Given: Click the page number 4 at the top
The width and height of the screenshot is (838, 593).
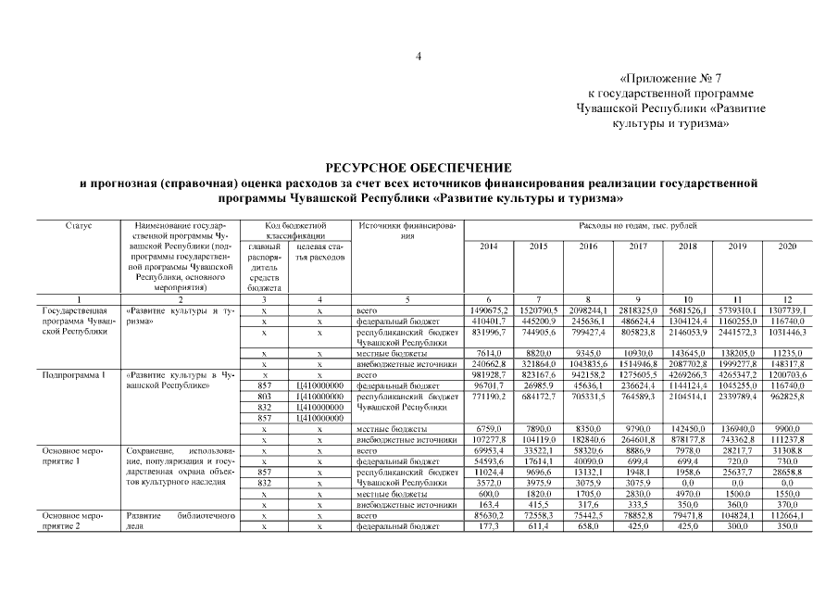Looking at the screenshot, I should pyautogui.click(x=419, y=57).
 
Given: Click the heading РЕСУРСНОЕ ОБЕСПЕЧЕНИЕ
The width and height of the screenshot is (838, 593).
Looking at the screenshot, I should pyautogui.click(x=419, y=167).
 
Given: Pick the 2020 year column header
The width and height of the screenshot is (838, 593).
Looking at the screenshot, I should pyautogui.click(x=787, y=246).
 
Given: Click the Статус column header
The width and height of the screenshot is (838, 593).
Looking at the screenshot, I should pyautogui.click(x=79, y=225).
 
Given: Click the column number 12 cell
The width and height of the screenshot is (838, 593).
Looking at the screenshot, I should pyautogui.click(x=787, y=299).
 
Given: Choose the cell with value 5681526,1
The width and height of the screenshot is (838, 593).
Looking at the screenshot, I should pyautogui.click(x=687, y=310).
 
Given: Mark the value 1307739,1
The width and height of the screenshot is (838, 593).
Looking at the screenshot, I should pyautogui.click(x=787, y=310).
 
